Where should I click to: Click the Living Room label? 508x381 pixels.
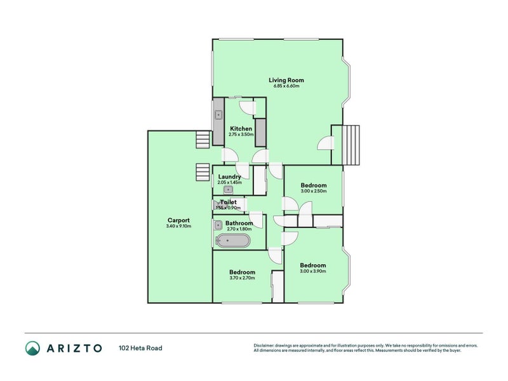coord(286,80)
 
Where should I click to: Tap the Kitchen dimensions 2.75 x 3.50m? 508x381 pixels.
coord(241,135)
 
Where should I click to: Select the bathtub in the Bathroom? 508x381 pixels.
coord(233,241)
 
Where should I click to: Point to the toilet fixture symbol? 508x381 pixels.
coord(218,204)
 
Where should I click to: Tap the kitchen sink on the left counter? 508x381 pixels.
coord(218,115)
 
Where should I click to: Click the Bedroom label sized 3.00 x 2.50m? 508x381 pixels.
coord(313,185)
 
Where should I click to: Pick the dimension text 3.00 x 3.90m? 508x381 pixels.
coord(313,271)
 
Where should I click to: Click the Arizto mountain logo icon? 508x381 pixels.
coord(33,348)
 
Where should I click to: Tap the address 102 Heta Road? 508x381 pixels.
coord(144,348)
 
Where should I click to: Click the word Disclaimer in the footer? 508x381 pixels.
coord(265,345)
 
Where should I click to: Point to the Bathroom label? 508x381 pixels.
coord(239,224)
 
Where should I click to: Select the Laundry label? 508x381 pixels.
coord(229,177)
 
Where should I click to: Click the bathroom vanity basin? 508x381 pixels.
coord(218,224)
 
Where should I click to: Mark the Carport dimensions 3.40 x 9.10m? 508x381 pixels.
coord(178,226)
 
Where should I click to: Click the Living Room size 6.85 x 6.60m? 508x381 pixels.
coord(286,86)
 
